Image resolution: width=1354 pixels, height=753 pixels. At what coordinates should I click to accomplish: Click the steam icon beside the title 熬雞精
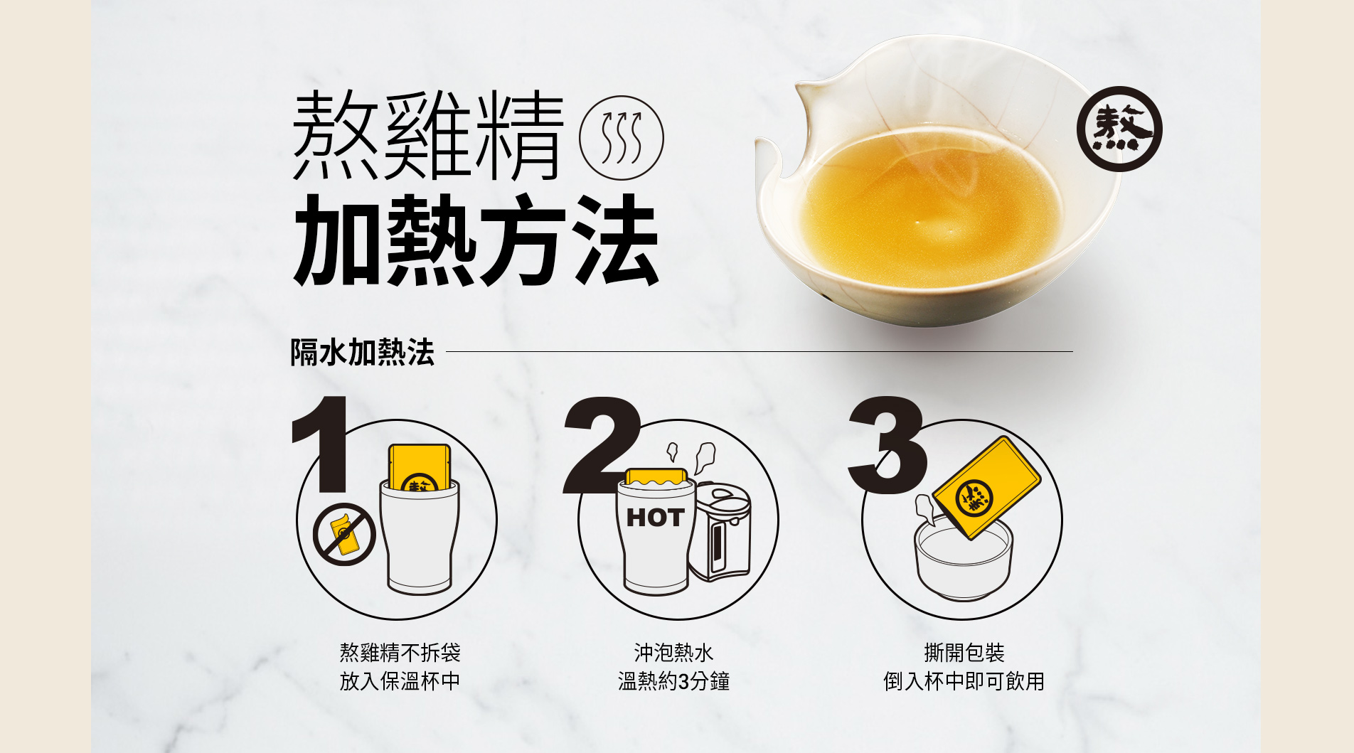pyautogui.click(x=622, y=138)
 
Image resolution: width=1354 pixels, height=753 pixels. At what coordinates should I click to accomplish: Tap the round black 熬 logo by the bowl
pyautogui.click(x=1119, y=129)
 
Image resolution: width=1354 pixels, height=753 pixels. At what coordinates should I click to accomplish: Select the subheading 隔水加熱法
pyautogui.click(x=362, y=352)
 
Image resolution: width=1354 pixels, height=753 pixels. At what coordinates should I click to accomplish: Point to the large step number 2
pyautogui.click(x=602, y=445)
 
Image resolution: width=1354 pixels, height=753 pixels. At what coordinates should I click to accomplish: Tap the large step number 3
pyautogui.click(x=887, y=445)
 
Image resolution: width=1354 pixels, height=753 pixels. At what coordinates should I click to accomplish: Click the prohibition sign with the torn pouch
pyautogui.click(x=344, y=534)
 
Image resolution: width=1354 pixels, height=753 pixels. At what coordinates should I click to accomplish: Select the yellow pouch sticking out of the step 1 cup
pyautogui.click(x=420, y=467)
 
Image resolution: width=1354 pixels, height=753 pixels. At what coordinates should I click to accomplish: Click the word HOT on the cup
pyautogui.click(x=655, y=517)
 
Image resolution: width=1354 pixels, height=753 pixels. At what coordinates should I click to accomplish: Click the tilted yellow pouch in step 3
pyautogui.click(x=986, y=487)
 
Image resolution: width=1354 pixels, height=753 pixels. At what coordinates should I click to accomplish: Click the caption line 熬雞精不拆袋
pyautogui.click(x=400, y=652)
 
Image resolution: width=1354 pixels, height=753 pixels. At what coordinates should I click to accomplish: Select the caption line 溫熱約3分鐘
pyautogui.click(x=673, y=681)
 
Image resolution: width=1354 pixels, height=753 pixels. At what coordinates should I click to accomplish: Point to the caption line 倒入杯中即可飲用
pyautogui.click(x=964, y=681)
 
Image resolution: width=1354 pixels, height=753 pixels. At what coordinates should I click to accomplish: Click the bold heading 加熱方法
pyautogui.click(x=475, y=240)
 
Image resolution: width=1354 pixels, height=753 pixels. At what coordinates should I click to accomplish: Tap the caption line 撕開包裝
pyautogui.click(x=964, y=652)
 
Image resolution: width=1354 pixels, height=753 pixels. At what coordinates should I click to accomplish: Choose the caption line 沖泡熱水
pyautogui.click(x=673, y=652)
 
